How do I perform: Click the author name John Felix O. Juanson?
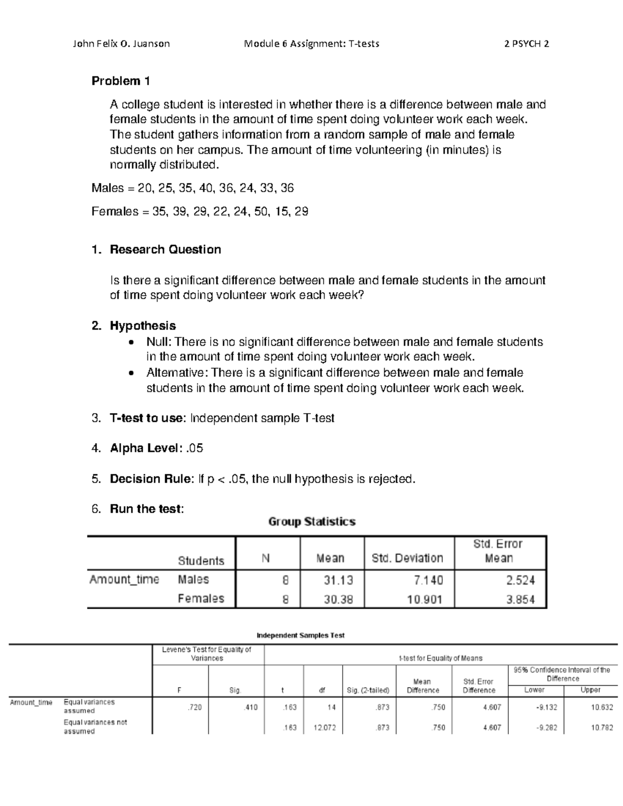pyautogui.click(x=121, y=44)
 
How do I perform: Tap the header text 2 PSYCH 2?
pyautogui.click(x=526, y=44)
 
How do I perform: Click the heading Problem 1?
pyautogui.click(x=120, y=81)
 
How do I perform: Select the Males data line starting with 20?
pyautogui.click(x=193, y=188)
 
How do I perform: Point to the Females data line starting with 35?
pyautogui.click(x=200, y=212)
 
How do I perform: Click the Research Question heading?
pyautogui.click(x=165, y=250)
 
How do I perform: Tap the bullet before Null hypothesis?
pyautogui.click(x=133, y=343)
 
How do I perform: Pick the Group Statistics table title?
pyautogui.click(x=311, y=522)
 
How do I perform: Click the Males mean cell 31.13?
pyautogui.click(x=338, y=580)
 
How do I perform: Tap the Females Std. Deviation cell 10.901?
pyautogui.click(x=424, y=599)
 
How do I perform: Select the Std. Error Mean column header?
pyautogui.click(x=498, y=551)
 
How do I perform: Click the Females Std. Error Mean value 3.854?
pyautogui.click(x=520, y=599)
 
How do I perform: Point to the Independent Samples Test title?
pyautogui.click(x=301, y=635)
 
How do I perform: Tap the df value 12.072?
pyautogui.click(x=324, y=728)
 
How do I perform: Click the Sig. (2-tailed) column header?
pyautogui.click(x=368, y=690)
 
